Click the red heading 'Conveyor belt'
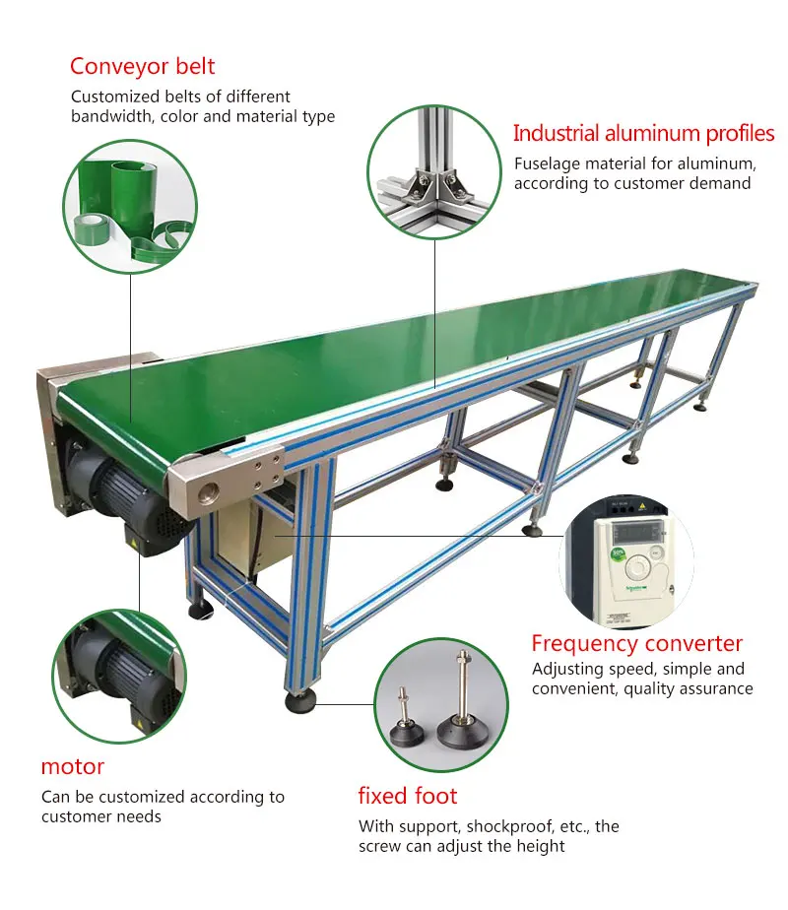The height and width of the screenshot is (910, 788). (x=142, y=67)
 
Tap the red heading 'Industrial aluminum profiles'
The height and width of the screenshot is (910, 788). (x=643, y=134)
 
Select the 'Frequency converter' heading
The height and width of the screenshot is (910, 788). (x=636, y=644)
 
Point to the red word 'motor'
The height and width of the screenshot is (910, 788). (x=72, y=766)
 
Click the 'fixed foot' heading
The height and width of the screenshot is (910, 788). (x=408, y=796)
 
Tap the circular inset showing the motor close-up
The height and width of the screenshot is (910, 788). (x=118, y=675)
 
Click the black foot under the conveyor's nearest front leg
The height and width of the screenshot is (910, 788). (x=299, y=701)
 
